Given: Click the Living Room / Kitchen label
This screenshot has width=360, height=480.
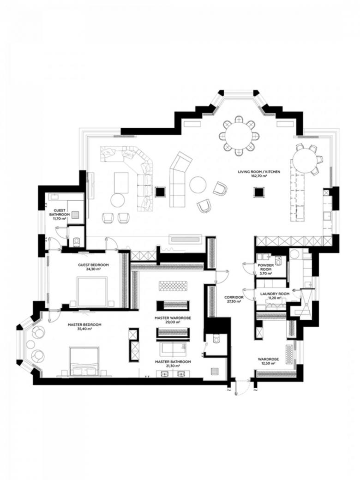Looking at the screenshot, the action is click(x=258, y=172).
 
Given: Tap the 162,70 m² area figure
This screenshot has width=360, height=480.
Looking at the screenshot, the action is click(x=259, y=176).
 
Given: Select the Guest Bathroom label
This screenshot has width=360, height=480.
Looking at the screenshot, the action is click(x=60, y=212).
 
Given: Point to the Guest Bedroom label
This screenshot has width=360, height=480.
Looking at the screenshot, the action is click(x=93, y=265).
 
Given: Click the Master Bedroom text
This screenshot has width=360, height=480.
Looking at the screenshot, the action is click(x=84, y=324).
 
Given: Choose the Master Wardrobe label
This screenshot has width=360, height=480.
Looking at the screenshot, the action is click(x=173, y=318).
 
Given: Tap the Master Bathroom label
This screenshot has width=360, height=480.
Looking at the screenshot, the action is click(x=173, y=361).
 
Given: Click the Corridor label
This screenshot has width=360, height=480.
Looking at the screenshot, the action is click(x=234, y=297).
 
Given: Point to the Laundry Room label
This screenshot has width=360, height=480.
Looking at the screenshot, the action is click(x=275, y=294).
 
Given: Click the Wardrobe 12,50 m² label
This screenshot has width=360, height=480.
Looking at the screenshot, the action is click(x=268, y=361).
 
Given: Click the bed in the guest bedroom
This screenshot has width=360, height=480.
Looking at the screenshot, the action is click(x=92, y=292).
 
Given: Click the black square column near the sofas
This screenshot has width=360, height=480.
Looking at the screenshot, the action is click(x=160, y=192).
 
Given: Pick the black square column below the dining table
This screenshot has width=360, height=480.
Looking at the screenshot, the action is click(x=258, y=192).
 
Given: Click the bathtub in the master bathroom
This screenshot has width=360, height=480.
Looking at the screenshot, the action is click(x=174, y=348).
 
